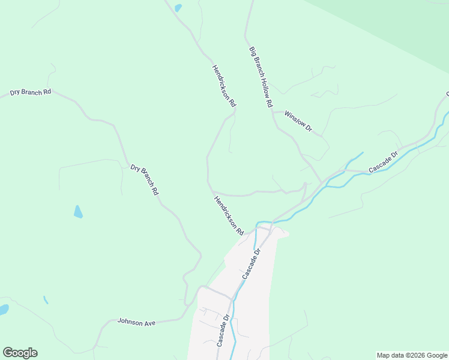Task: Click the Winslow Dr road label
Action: (298, 121)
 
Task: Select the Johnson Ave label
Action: (136, 322)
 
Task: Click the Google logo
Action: (20, 353)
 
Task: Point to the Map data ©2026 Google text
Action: (412, 355)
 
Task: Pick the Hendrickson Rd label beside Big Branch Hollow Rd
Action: (224, 86)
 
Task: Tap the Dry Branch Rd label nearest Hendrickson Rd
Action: (144, 179)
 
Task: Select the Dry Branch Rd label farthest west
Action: (31, 92)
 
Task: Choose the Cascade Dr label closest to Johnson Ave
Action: (223, 331)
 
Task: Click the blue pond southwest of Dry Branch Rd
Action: (78, 211)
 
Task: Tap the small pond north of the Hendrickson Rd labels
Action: (178, 8)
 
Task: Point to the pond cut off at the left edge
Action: (3, 310)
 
